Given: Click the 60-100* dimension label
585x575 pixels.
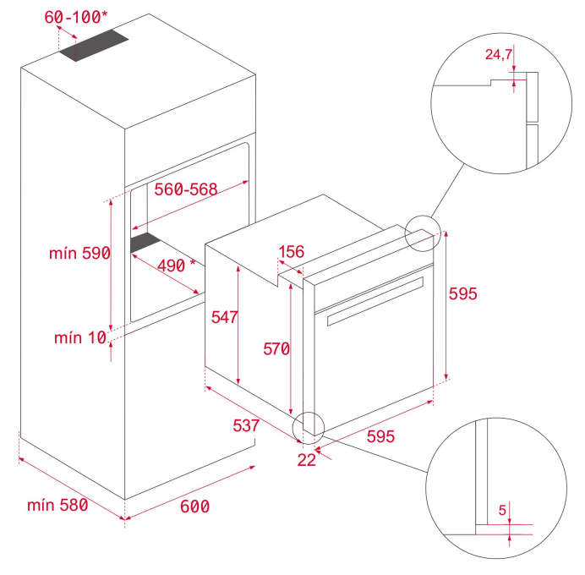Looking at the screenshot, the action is pyautogui.click(x=76, y=17).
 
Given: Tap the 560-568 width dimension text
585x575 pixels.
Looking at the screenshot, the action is pyautogui.click(x=186, y=189).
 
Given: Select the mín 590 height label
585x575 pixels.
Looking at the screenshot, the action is pyautogui.click(x=79, y=253).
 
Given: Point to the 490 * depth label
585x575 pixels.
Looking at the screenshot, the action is pyautogui.click(x=176, y=266).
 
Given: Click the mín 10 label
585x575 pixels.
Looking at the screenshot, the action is pyautogui.click(x=80, y=337).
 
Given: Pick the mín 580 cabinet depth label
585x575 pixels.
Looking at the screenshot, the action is pyautogui.click(x=57, y=505).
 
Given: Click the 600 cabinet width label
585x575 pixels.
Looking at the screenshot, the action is pyautogui.click(x=194, y=507).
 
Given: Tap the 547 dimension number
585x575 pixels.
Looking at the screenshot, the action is pyautogui.click(x=224, y=317).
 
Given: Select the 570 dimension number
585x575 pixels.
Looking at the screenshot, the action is pyautogui.click(x=276, y=349).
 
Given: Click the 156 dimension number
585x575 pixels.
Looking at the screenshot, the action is pyautogui.click(x=292, y=251).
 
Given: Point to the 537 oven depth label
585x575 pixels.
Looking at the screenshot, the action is pyautogui.click(x=246, y=425).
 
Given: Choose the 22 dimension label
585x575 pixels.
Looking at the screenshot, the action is pyautogui.click(x=307, y=460).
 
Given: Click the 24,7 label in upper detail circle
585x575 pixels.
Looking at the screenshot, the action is pyautogui.click(x=499, y=54).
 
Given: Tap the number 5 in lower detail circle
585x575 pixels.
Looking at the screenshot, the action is pyautogui.click(x=502, y=510).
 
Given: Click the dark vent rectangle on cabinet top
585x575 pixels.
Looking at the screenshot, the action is pyautogui.click(x=94, y=45).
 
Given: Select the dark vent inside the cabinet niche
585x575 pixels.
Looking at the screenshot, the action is pyautogui.click(x=146, y=243).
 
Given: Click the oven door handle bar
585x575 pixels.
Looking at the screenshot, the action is pyautogui.click(x=375, y=301).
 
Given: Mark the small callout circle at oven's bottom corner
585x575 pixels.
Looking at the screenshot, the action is pyautogui.click(x=309, y=428).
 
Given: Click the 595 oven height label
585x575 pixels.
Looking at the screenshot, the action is pyautogui.click(x=463, y=293).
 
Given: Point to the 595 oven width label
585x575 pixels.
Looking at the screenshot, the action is pyautogui.click(x=380, y=436).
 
